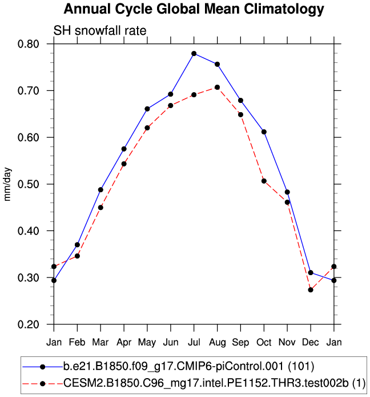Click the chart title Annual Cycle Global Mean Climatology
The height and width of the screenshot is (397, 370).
pyautogui.click(x=194, y=10)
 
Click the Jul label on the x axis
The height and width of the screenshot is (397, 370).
pyautogui.click(x=194, y=343)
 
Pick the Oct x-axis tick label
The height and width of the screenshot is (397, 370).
pyautogui.click(x=264, y=343)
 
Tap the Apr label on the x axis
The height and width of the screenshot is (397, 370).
pyautogui.click(x=124, y=343)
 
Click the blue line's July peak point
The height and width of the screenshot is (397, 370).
pyautogui.click(x=194, y=54)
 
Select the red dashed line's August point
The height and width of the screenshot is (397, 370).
pyautogui.click(x=218, y=87)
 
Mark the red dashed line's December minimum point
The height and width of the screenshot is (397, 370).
pyautogui.click(x=311, y=290)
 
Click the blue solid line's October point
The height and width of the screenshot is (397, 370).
pyautogui.click(x=264, y=132)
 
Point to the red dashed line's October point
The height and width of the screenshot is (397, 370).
pyautogui.click(x=264, y=181)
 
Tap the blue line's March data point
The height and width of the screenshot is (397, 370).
pyautogui.click(x=100, y=189)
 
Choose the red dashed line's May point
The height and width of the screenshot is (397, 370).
pyautogui.click(x=147, y=128)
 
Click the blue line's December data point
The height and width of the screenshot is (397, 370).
pyautogui.click(x=311, y=272)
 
